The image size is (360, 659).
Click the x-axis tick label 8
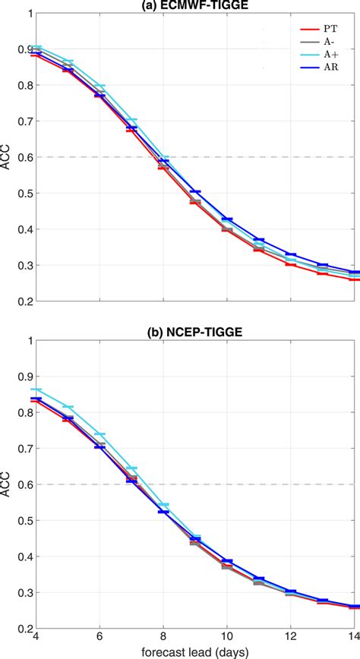point(163,639)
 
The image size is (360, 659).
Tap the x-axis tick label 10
point(226,639)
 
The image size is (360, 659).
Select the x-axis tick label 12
point(291,639)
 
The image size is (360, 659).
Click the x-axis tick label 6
point(99,639)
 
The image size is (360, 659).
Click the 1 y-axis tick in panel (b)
point(27,340)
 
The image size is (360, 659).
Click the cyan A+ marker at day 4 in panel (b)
point(36,389)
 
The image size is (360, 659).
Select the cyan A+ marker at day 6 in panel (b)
point(99,434)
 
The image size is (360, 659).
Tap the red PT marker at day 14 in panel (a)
point(354,279)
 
